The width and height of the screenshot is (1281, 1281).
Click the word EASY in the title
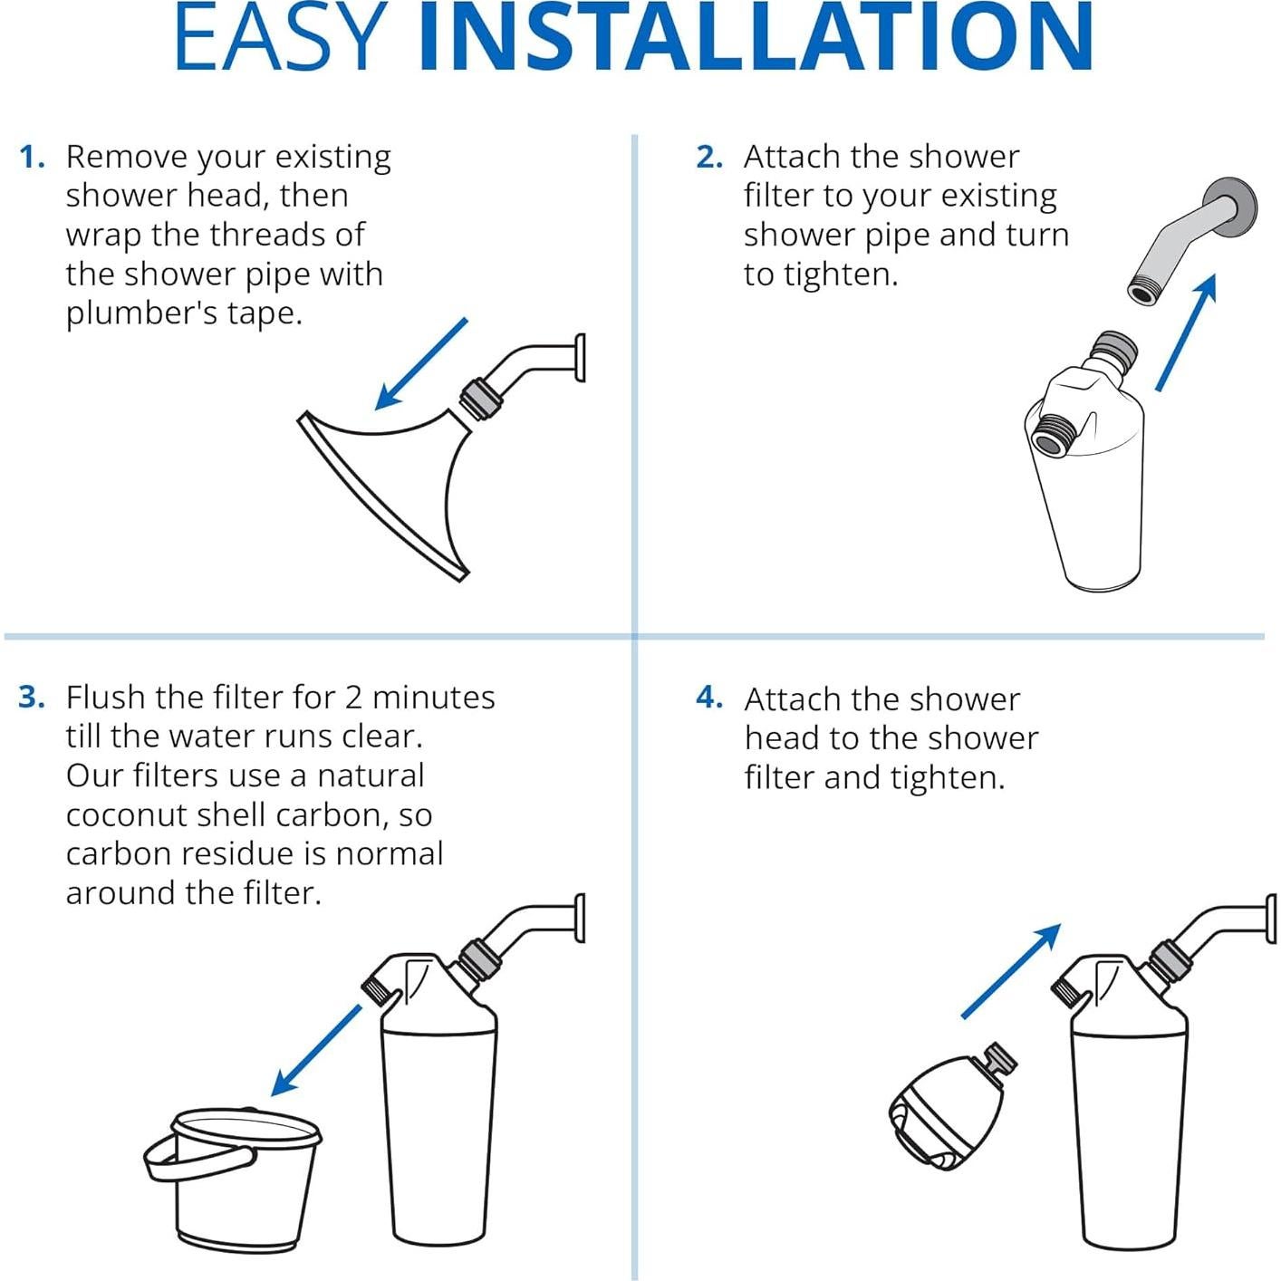281,36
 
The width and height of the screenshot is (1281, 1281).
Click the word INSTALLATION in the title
756,36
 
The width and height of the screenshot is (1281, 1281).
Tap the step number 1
32,158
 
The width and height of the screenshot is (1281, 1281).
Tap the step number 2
709,158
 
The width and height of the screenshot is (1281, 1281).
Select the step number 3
32,698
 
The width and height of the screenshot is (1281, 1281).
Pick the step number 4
709,698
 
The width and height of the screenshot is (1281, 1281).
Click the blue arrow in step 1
421,363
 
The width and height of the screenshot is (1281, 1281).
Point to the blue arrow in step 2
1187,332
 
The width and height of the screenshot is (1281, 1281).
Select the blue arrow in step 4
1011,970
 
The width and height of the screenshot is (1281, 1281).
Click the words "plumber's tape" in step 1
184,313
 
